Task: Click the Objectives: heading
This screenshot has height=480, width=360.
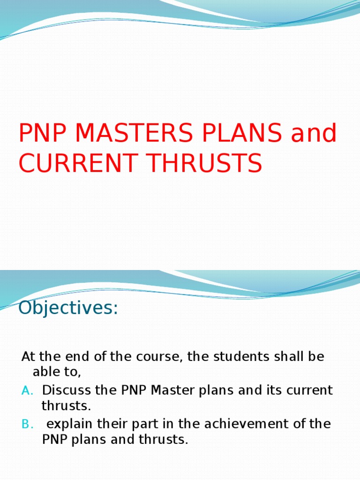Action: click(x=68, y=309)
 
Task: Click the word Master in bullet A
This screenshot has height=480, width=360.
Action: click(x=179, y=390)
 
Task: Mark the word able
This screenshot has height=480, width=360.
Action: click(x=45, y=373)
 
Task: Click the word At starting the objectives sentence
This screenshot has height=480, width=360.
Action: click(x=28, y=356)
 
